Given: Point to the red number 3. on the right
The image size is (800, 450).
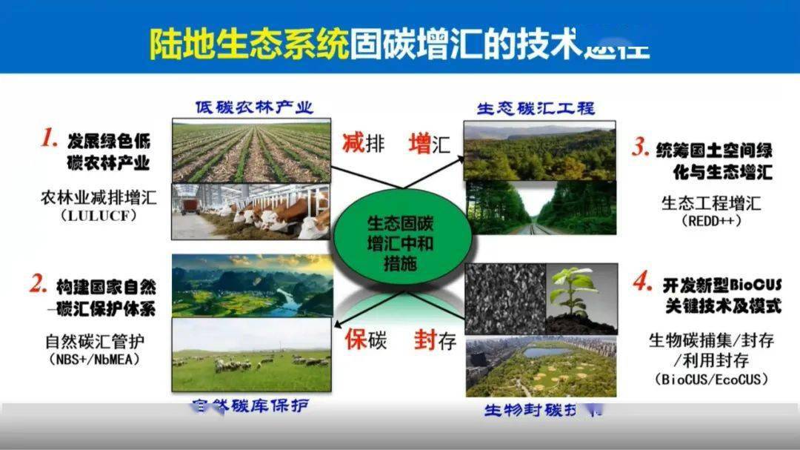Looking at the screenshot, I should (641, 148).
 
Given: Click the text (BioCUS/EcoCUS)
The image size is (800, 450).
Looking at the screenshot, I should (712, 379).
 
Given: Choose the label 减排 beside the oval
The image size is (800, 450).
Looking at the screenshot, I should (363, 142).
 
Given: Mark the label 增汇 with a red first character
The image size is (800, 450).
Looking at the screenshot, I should (429, 143).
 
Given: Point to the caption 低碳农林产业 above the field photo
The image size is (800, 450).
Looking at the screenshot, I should (254, 107).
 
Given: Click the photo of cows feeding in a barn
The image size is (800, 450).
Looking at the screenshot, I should (251, 212).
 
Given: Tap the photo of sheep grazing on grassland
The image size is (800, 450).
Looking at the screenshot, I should (251, 355).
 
